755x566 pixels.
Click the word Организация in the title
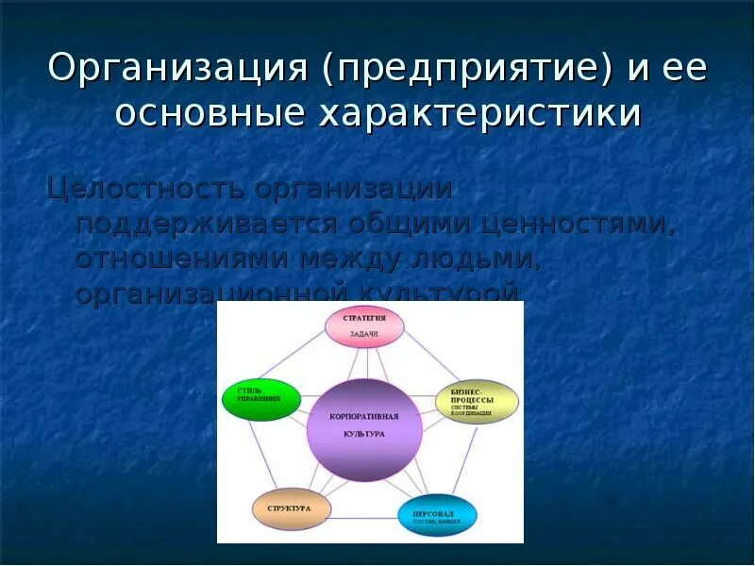(178, 71)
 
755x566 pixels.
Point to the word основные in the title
(213, 114)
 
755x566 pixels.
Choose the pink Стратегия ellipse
(364, 326)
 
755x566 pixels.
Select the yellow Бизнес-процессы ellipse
(477, 401)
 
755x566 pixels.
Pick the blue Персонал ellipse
(437, 515)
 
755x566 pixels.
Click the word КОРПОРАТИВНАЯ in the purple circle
(363, 416)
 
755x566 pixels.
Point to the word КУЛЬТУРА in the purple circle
(363, 434)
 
